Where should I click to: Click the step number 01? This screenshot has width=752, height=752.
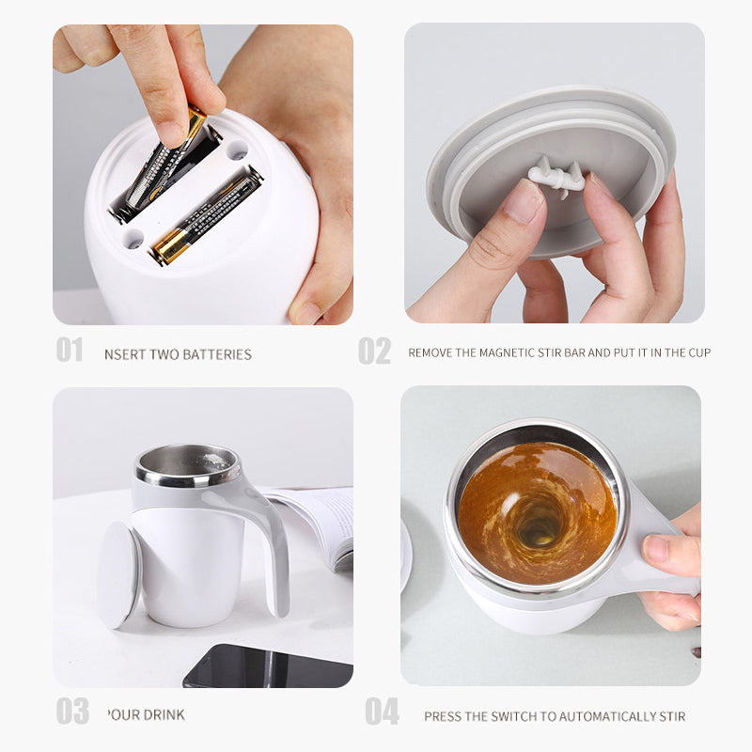click(x=70, y=351)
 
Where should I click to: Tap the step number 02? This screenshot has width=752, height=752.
click(x=374, y=351)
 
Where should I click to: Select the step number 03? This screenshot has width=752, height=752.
click(x=71, y=712)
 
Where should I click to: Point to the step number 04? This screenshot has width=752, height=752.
click(x=382, y=712)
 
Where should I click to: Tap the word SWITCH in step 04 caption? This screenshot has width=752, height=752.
click(x=508, y=716)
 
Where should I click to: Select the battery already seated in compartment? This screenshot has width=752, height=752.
click(x=205, y=216)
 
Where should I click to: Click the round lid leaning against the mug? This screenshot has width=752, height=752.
click(x=118, y=573)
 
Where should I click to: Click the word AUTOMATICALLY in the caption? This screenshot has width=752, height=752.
click(x=598, y=716)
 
